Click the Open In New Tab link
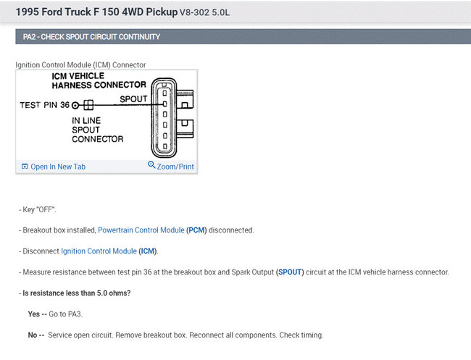click(x=58, y=167)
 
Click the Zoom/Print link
click(x=175, y=167)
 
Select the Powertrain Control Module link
click(x=141, y=230)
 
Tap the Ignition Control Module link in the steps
click(x=99, y=251)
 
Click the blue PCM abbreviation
click(x=196, y=230)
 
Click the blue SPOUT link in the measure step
click(x=290, y=272)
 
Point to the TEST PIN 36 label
click(x=45, y=105)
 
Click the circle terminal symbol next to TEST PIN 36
click(x=75, y=105)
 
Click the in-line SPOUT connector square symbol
click(x=88, y=105)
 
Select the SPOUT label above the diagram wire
click(x=133, y=99)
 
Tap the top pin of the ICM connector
click(x=164, y=93)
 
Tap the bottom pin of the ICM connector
click(x=164, y=146)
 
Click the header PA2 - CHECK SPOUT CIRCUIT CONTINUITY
click(x=91, y=37)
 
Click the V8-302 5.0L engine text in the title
click(x=204, y=12)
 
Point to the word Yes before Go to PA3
click(x=34, y=314)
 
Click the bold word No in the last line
click(x=33, y=335)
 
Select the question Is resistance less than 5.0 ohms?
click(x=77, y=293)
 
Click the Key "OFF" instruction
click(x=39, y=209)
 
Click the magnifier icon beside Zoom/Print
click(x=151, y=165)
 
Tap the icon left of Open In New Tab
click(x=25, y=167)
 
